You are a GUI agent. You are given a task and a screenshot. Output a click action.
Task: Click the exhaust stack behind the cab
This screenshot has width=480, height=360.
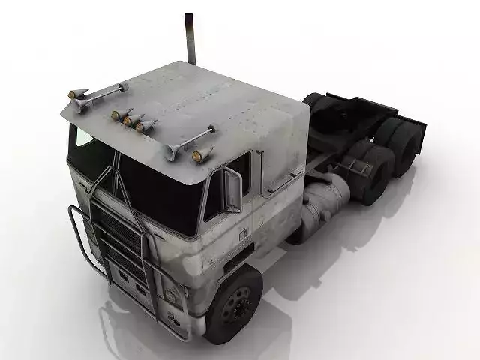pyautogui.click(x=190, y=37)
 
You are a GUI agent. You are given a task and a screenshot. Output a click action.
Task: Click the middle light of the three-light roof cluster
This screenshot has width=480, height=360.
pyautogui.click(x=128, y=120)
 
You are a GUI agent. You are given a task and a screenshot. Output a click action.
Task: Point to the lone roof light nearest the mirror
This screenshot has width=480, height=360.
pyautogui.click(x=198, y=156)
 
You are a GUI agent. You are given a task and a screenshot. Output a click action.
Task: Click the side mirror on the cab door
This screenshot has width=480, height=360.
pyautogui.click(x=232, y=190)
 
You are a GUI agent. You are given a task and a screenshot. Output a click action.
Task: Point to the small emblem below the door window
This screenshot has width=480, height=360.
pyautogui.click(x=242, y=234)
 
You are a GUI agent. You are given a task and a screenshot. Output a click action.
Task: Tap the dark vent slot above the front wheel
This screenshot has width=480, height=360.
pyautogui.click(x=238, y=259)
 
